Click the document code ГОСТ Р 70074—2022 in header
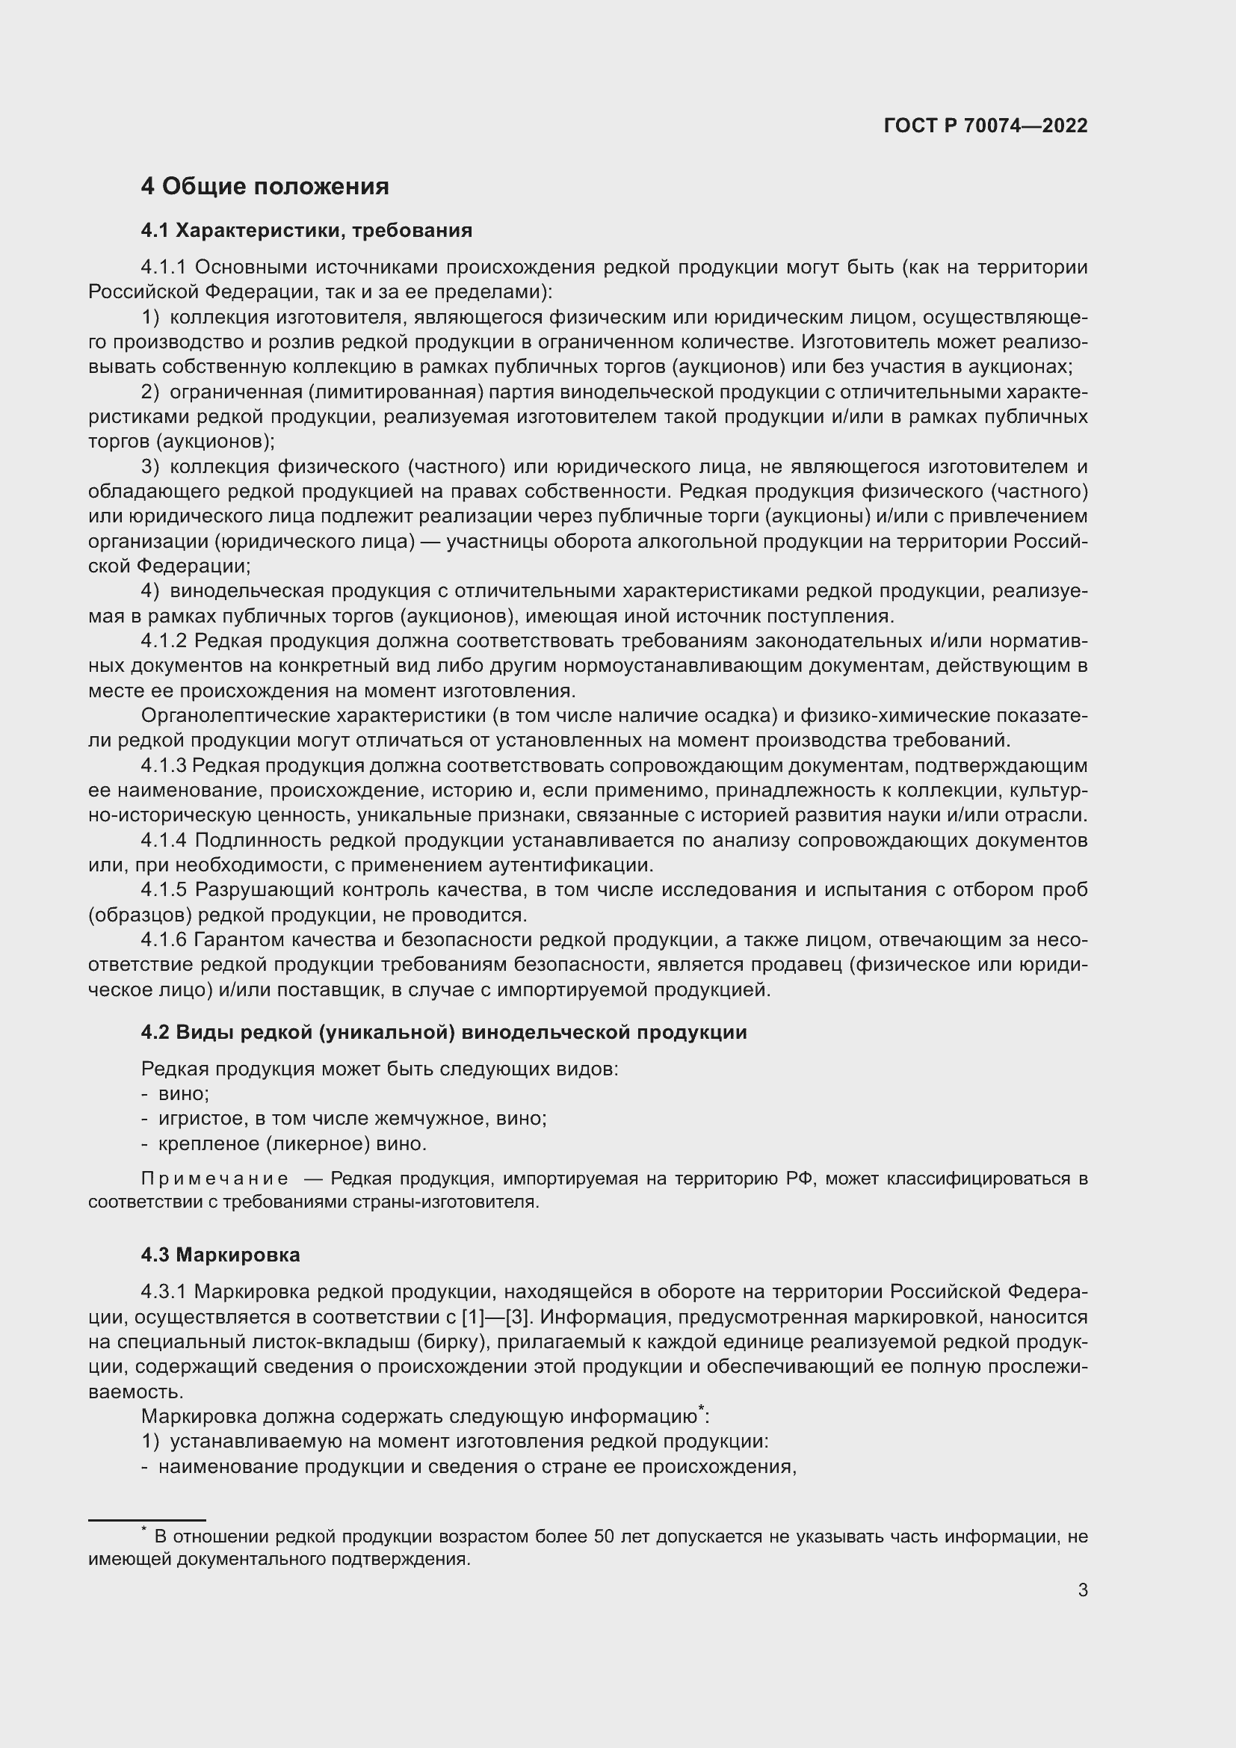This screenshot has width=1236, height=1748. (986, 126)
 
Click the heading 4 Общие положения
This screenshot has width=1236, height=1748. (265, 187)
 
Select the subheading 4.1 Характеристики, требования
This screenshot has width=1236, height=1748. (306, 230)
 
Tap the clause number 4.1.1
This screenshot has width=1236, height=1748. (163, 268)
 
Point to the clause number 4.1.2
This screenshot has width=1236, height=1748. (163, 641)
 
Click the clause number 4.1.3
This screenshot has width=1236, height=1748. (163, 765)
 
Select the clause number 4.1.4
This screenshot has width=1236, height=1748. (163, 841)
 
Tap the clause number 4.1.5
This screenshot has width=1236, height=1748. (163, 890)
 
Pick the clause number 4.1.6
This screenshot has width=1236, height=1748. (163, 940)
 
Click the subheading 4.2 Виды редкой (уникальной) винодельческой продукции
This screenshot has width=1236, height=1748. (444, 1032)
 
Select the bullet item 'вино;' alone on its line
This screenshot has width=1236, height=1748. (183, 1094)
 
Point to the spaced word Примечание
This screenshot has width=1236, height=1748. (214, 1179)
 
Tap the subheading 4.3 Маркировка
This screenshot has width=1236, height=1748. (220, 1255)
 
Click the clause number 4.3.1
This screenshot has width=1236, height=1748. (163, 1292)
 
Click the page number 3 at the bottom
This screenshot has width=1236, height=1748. (1082, 1590)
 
